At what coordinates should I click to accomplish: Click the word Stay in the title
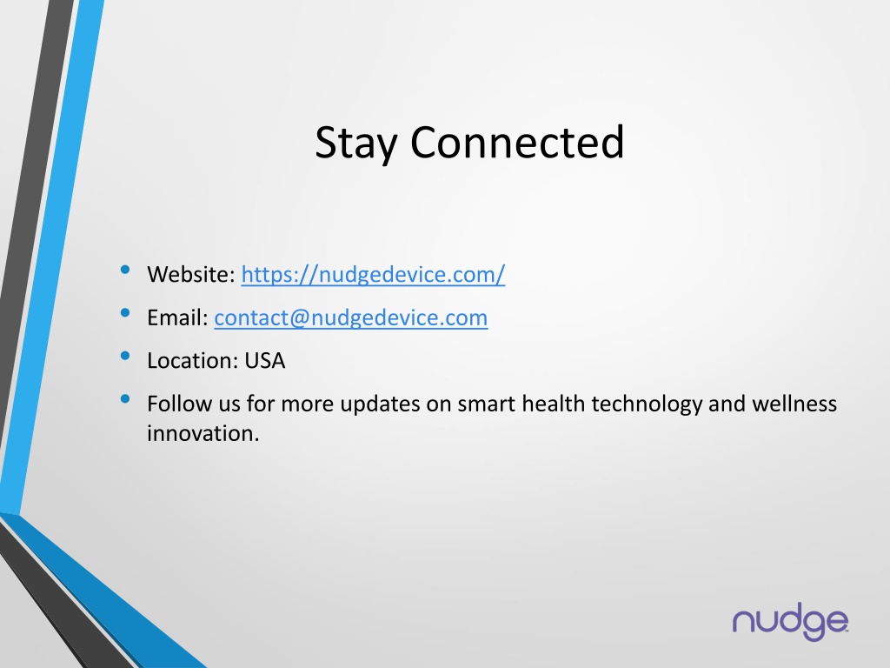[x=355, y=144]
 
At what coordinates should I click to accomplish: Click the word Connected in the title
[x=517, y=142]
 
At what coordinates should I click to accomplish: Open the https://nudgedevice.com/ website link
[x=373, y=275]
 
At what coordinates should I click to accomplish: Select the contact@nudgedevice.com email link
[x=351, y=318]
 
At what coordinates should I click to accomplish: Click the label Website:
[x=191, y=274]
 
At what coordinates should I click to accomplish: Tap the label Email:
[x=177, y=317]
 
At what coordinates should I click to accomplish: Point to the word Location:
[x=192, y=361]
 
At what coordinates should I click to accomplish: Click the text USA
[x=264, y=361]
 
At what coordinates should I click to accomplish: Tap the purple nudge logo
[x=790, y=622]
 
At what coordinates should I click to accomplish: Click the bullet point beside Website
[x=125, y=270]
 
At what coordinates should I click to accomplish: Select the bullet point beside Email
[x=125, y=313]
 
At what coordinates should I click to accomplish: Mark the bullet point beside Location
[x=125, y=356]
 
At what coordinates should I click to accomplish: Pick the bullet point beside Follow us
[x=125, y=399]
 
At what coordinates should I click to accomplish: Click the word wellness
[x=794, y=404]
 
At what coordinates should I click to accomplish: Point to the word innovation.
[x=203, y=433]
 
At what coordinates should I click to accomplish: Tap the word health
[x=553, y=404]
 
